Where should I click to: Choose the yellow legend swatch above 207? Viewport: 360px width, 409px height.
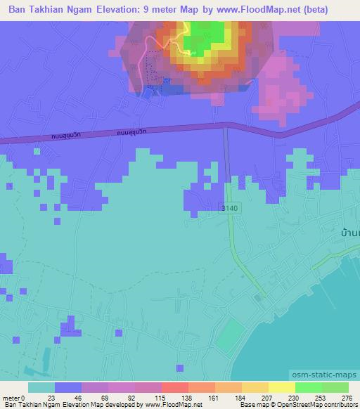click(x=255, y=387)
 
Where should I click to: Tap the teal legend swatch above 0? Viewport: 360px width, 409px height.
click(x=41, y=387)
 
